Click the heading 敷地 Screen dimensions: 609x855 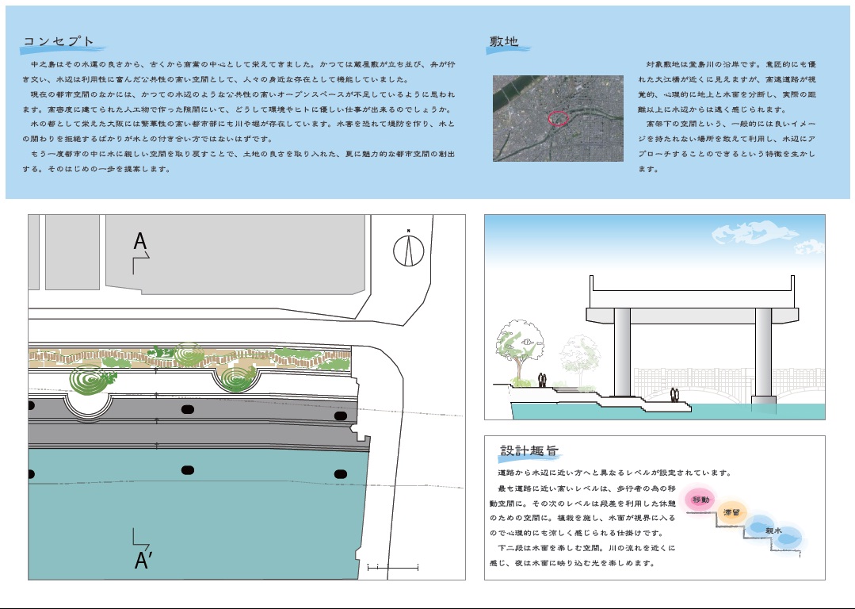[x=505, y=42]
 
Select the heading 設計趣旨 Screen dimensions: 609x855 [x=529, y=450]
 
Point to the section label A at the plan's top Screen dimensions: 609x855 [x=140, y=242]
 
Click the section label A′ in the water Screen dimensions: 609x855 [x=143, y=560]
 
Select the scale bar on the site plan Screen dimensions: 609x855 [x=392, y=567]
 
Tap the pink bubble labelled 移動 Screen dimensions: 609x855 [x=701, y=500]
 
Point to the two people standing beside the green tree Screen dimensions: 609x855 [x=543, y=381]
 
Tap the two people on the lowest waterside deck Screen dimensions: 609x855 [x=674, y=395]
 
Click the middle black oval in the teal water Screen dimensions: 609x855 [x=187, y=470]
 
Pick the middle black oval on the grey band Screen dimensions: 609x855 [x=187, y=410]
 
